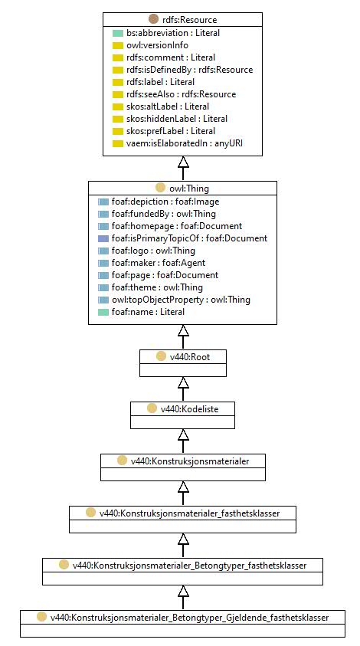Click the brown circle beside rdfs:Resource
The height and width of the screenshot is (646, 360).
[x=153, y=19]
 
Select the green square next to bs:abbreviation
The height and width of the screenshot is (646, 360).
[x=118, y=33]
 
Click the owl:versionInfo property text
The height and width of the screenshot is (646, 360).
[x=157, y=45]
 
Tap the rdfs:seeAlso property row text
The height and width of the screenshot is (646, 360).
[x=182, y=94]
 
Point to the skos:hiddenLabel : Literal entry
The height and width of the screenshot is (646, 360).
[x=177, y=119]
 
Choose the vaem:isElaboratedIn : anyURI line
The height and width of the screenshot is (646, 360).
[x=182, y=143]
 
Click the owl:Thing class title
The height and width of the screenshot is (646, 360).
[x=189, y=189]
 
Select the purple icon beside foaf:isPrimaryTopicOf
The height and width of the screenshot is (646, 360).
[x=103, y=238]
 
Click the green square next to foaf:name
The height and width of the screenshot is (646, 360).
[x=103, y=313]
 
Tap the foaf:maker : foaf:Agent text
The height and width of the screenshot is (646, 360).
[x=158, y=263]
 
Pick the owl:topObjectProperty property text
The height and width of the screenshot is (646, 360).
[x=181, y=300]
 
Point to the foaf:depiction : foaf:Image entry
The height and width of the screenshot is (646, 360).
[x=165, y=202]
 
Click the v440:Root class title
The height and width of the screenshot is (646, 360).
[x=190, y=357]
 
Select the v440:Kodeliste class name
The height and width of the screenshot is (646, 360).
[x=189, y=408]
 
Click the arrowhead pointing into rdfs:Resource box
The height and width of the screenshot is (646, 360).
[x=183, y=162]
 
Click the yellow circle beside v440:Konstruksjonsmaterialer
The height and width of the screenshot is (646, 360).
[x=122, y=461]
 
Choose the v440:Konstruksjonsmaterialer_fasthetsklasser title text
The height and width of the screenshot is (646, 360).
[x=189, y=513]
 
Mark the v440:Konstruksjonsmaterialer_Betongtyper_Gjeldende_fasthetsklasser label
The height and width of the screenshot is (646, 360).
[x=189, y=618]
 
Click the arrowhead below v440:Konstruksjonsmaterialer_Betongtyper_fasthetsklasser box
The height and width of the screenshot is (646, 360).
[x=183, y=591]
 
